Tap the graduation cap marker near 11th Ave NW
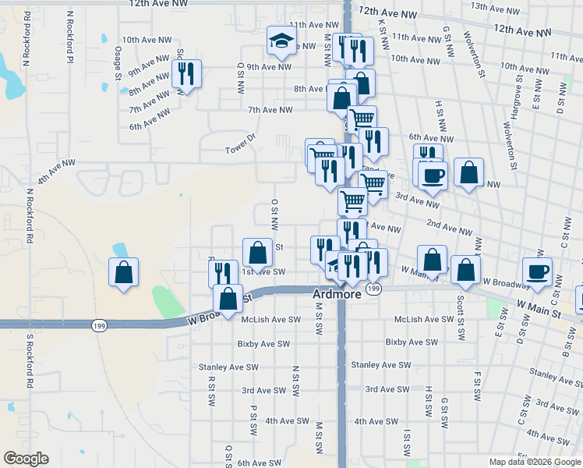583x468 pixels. (x=282, y=41)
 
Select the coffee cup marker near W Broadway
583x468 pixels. (x=538, y=271)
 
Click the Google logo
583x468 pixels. (x=26, y=459)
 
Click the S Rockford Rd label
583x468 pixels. (x=29, y=362)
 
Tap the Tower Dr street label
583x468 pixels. (x=240, y=148)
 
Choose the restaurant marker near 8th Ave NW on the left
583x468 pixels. (x=186, y=74)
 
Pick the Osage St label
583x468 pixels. (x=118, y=63)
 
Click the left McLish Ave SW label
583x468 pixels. (x=270, y=320)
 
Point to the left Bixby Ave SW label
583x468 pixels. (x=264, y=343)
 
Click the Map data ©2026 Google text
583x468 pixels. (x=535, y=461)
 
